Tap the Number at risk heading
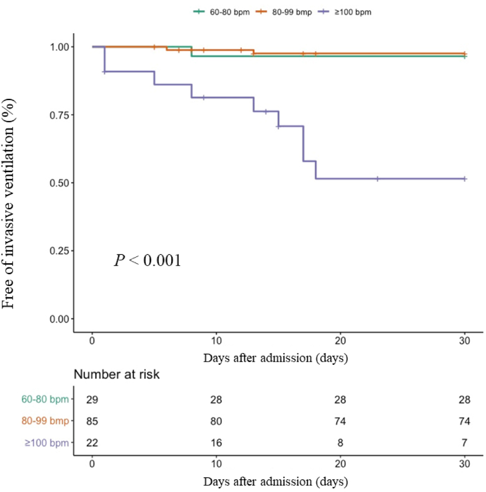coord(117,374)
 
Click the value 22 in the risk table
coord(92,442)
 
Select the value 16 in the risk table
coord(216,442)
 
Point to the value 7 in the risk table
coord(465,442)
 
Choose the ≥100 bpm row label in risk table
coord(47,443)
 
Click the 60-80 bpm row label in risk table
coord(44,400)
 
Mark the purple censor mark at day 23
coord(378,179)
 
